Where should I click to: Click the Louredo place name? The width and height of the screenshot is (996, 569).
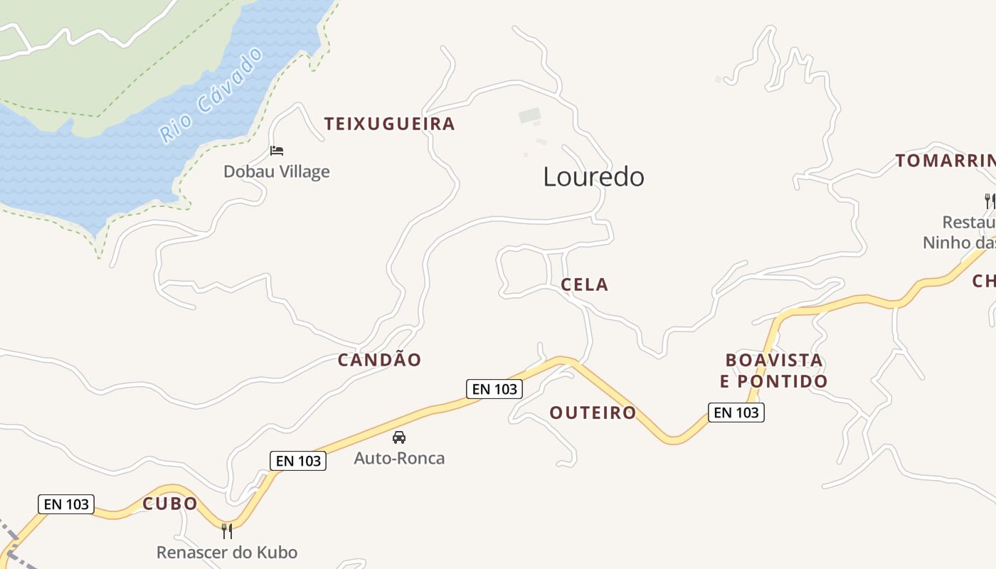pyautogui.click(x=593, y=177)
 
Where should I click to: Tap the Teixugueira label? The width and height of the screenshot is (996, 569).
pyautogui.click(x=389, y=124)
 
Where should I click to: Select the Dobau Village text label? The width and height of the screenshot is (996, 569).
pyautogui.click(x=277, y=171)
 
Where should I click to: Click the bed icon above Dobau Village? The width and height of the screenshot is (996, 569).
pyautogui.click(x=277, y=150)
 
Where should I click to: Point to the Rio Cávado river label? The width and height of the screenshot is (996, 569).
pyautogui.click(x=211, y=95)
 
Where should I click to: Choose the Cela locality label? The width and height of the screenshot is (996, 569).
pyautogui.click(x=584, y=284)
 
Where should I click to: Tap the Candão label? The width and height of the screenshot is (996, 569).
pyautogui.click(x=379, y=360)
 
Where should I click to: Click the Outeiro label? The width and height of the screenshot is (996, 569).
pyautogui.click(x=593, y=413)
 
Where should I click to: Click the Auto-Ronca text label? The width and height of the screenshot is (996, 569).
pyautogui.click(x=399, y=458)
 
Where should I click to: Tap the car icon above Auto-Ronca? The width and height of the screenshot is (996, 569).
pyautogui.click(x=399, y=437)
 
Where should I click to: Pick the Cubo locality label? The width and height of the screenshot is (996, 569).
pyautogui.click(x=170, y=504)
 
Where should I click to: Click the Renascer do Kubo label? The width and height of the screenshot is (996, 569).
pyautogui.click(x=227, y=552)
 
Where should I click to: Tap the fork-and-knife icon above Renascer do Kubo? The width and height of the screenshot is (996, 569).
pyautogui.click(x=227, y=531)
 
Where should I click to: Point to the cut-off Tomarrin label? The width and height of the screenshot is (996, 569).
pyautogui.click(x=945, y=161)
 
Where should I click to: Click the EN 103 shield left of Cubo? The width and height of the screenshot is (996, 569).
pyautogui.click(x=66, y=504)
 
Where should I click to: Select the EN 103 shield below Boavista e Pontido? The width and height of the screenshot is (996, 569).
pyautogui.click(x=736, y=413)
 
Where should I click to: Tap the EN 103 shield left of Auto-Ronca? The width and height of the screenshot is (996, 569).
pyautogui.click(x=298, y=461)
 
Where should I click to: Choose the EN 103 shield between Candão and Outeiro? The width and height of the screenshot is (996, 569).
pyautogui.click(x=494, y=389)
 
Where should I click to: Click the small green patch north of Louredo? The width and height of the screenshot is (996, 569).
pyautogui.click(x=529, y=115)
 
